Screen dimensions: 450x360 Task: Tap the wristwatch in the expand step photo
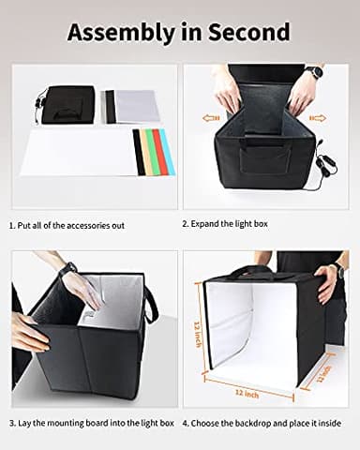[x=314, y=72]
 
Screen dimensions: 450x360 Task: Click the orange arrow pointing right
[x=317, y=118]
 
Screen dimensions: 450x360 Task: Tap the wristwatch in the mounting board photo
[x=68, y=270]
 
